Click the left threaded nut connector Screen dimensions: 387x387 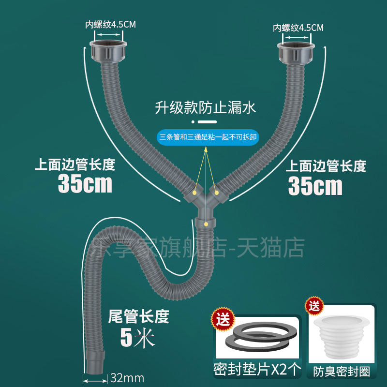[x=108, y=51]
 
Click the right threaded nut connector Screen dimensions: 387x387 [x=296, y=54]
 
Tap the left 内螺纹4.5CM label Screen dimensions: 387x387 [x=110, y=25]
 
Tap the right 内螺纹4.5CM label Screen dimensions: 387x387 [x=298, y=28]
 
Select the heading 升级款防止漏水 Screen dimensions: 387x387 [x=205, y=107]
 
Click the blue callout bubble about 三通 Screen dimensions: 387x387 [x=208, y=137]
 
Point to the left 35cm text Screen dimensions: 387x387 [x=85, y=184]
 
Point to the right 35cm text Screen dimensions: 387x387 [x=315, y=186]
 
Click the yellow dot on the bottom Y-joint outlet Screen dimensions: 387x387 [x=206, y=224]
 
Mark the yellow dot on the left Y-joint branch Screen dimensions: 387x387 [x=195, y=192]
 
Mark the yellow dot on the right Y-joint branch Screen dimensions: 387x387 [x=216, y=193]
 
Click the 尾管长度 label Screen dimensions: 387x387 [x=138, y=316]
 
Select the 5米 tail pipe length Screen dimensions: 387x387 [x=137, y=338]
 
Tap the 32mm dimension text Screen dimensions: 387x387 [x=127, y=378]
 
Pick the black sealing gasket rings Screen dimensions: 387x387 [x=261, y=337]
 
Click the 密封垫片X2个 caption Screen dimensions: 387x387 [x=257, y=370]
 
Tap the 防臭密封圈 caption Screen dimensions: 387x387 [x=342, y=372]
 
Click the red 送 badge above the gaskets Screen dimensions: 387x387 [x=223, y=319]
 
